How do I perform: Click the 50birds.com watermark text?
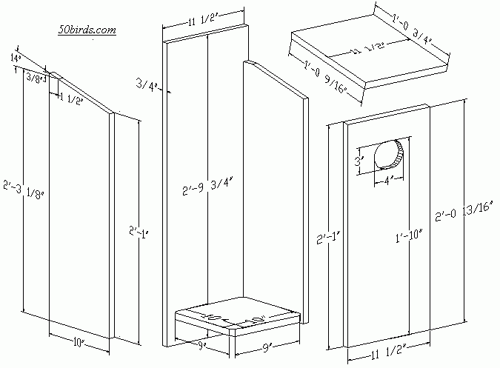(86, 30)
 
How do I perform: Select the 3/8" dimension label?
(35, 76)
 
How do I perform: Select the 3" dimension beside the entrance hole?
(359, 161)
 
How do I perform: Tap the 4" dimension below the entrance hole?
(389, 180)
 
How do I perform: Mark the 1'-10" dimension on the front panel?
(408, 236)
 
